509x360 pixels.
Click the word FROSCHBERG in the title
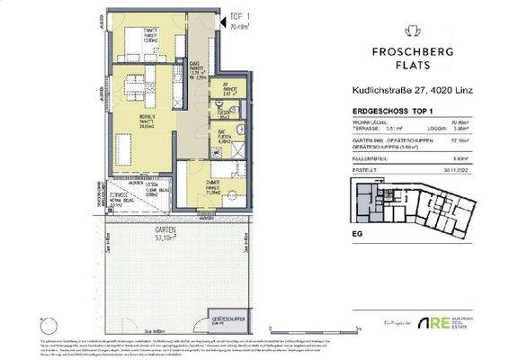point(397,49)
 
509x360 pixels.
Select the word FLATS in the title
point(397,64)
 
